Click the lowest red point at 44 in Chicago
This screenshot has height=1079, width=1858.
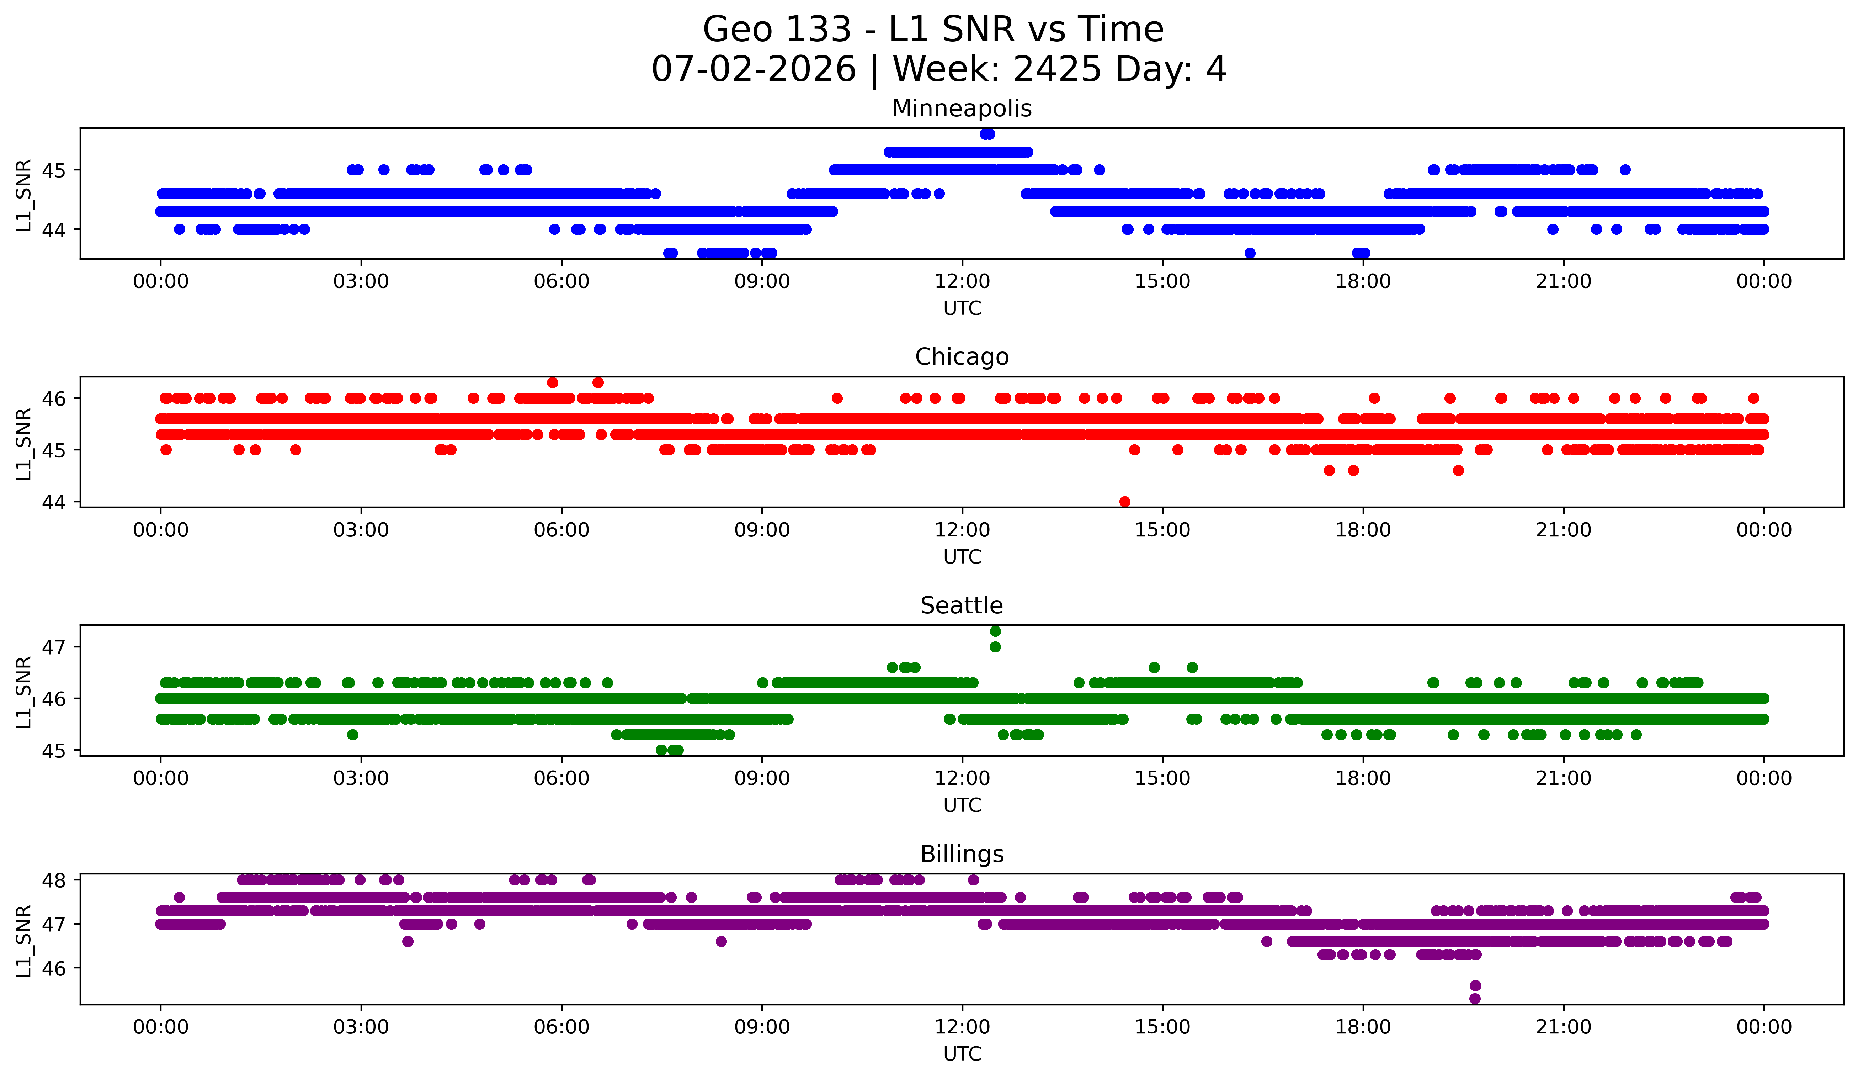[1124, 502]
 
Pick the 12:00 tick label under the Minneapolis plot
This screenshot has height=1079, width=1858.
[962, 282]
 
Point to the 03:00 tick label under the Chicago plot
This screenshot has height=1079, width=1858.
[361, 530]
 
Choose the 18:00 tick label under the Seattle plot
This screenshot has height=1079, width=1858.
[1363, 779]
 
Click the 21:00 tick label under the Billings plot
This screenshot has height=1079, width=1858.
[1564, 1027]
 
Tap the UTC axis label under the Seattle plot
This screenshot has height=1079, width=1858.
[962, 805]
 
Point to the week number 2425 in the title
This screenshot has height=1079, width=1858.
[1058, 69]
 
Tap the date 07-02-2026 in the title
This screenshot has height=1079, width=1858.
[754, 69]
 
